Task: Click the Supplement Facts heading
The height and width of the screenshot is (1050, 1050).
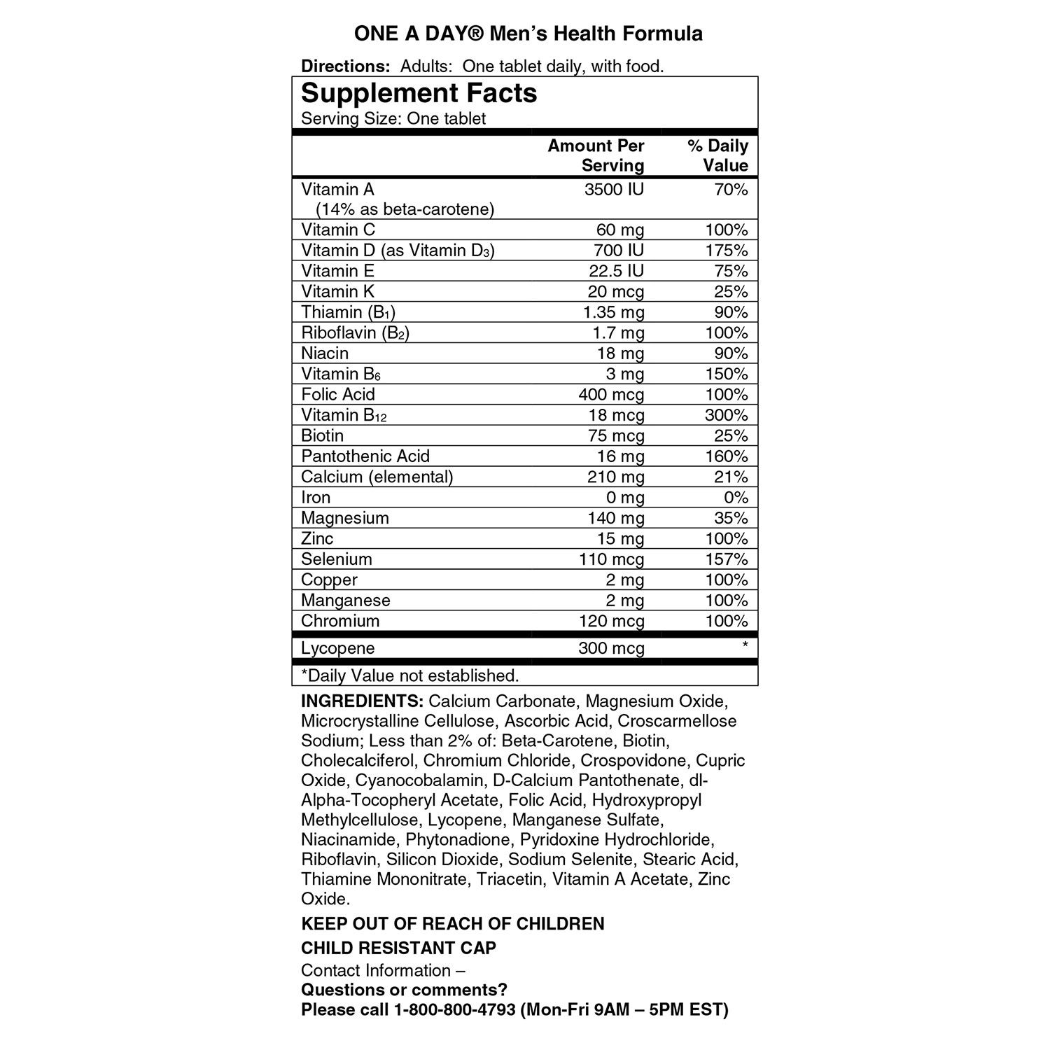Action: click(x=419, y=94)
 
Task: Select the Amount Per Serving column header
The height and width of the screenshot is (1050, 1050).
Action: click(x=596, y=155)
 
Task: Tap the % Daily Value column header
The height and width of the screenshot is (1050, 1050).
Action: click(x=717, y=155)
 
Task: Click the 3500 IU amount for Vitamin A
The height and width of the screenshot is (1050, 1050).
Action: click(x=614, y=190)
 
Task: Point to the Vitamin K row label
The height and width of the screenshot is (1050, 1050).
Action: click(x=337, y=291)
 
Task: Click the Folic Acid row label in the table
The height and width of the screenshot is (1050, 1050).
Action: click(x=338, y=394)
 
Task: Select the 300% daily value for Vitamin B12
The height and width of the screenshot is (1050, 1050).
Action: click(x=726, y=415)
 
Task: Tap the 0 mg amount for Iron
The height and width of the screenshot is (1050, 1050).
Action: click(x=624, y=498)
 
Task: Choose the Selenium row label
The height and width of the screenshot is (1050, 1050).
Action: click(x=337, y=559)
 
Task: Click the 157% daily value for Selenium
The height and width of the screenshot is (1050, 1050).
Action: click(x=726, y=559)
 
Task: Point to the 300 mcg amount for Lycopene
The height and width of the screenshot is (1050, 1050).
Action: click(x=611, y=648)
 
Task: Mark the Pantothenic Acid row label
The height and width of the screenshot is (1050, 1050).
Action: click(x=365, y=456)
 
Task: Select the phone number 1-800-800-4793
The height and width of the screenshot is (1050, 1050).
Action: click(x=455, y=1010)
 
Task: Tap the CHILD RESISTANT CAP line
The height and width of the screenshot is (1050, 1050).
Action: click(x=398, y=948)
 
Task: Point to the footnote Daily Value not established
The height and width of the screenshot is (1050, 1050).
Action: click(x=410, y=675)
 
